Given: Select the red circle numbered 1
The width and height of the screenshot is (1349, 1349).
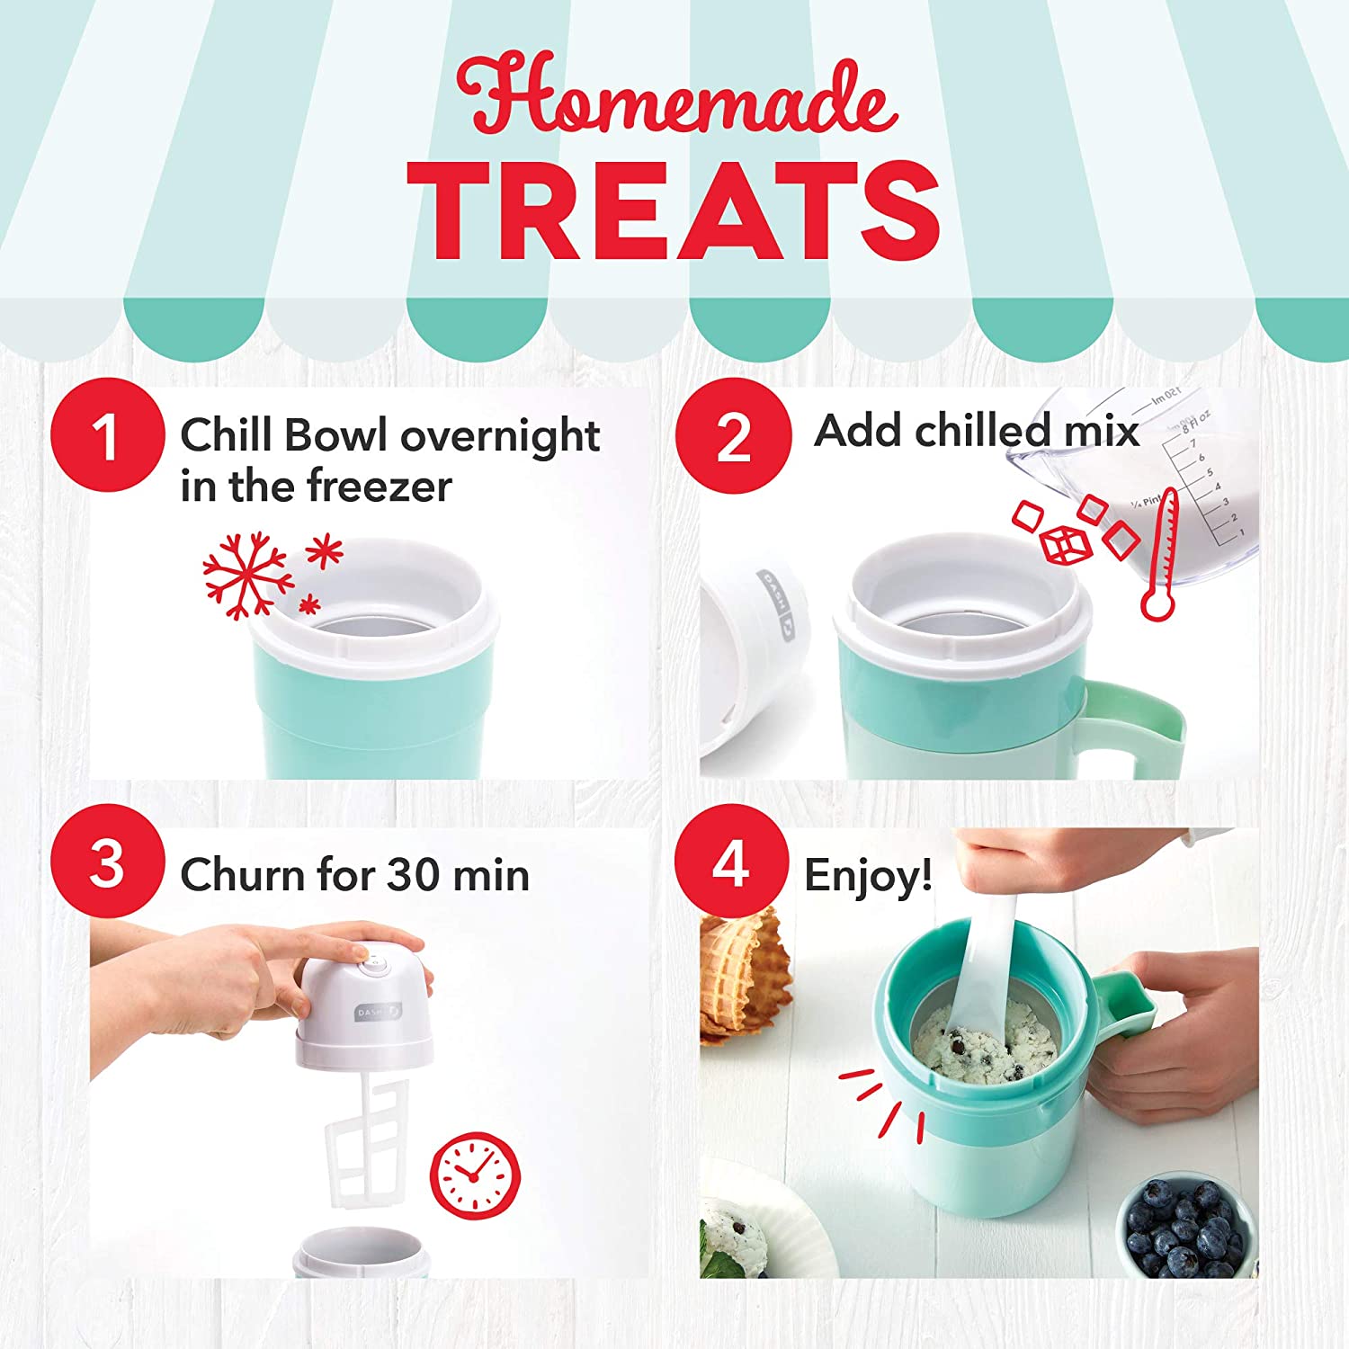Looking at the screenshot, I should click(107, 435).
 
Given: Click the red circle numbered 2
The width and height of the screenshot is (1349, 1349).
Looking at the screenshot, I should click(733, 435).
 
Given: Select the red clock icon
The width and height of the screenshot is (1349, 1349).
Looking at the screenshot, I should click(474, 1175).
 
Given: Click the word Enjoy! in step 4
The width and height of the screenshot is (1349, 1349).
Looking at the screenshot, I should click(868, 875).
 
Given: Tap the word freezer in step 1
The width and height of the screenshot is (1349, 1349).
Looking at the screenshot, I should click(379, 487).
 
